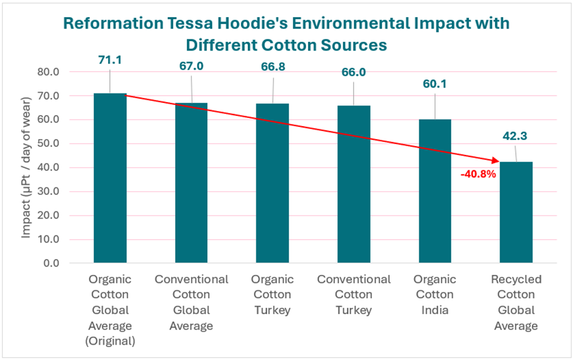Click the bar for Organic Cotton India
pyautogui.click(x=435, y=191)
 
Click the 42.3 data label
pyautogui.click(x=516, y=137)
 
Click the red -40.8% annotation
pyautogui.click(x=479, y=174)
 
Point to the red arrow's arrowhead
pyautogui.click(x=495, y=160)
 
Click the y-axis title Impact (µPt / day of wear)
pyautogui.click(x=26, y=167)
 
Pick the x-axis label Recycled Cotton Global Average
pyautogui.click(x=516, y=302)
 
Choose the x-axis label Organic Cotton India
pyautogui.click(x=435, y=294)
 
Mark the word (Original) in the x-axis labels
pyautogui.click(x=110, y=341)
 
